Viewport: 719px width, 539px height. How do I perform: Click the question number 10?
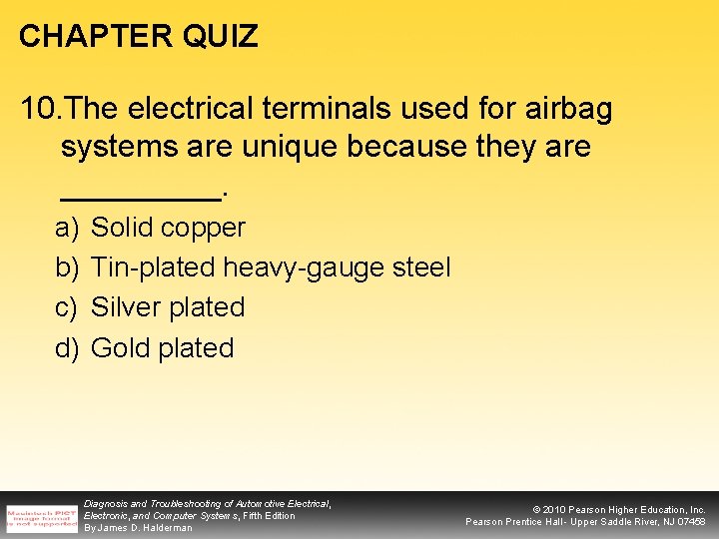point(39,108)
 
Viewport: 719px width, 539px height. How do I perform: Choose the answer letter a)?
point(67,228)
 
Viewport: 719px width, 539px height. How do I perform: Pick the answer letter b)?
point(67,268)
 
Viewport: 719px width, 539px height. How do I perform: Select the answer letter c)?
point(67,307)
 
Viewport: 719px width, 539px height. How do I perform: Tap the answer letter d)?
point(67,348)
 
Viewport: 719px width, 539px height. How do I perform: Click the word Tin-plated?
point(153,268)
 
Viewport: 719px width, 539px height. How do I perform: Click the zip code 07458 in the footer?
point(689,522)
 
